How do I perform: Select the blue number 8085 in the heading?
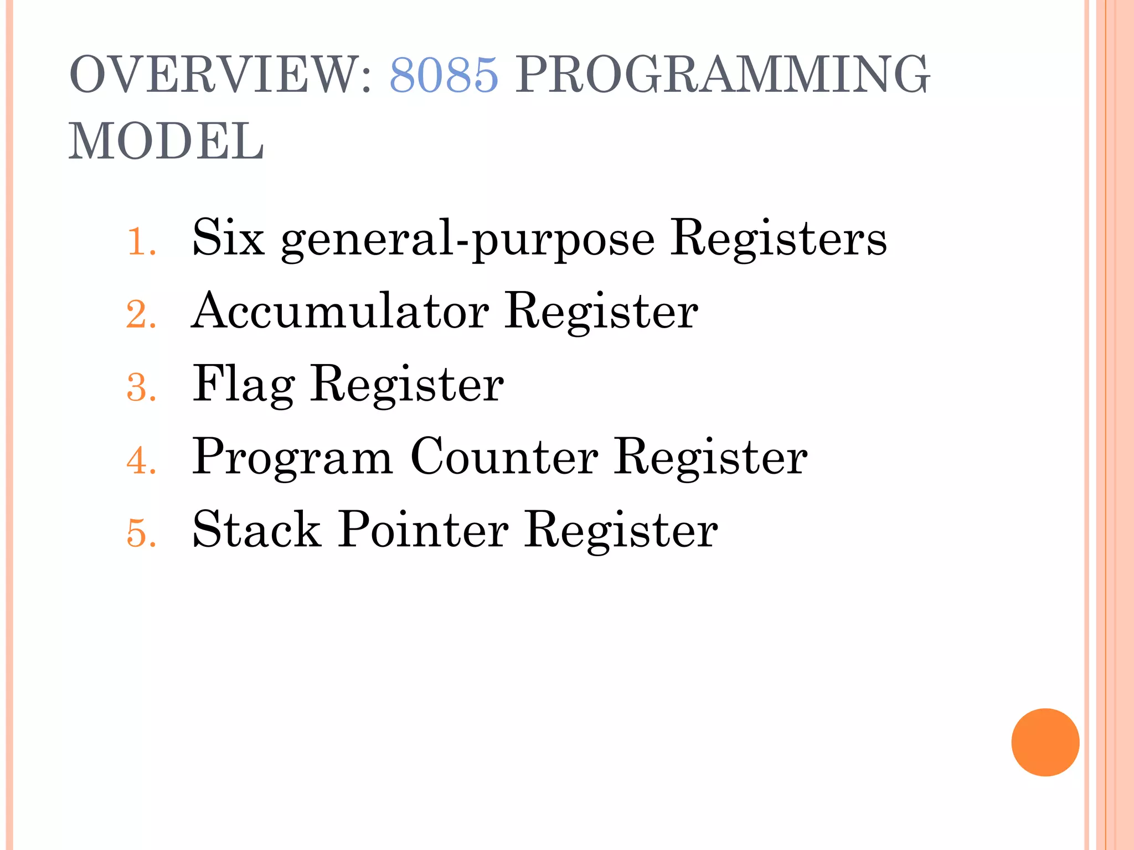(444, 74)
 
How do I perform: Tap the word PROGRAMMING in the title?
(723, 74)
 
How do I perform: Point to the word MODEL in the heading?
(166, 142)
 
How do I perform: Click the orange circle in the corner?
(1045, 742)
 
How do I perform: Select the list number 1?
(140, 242)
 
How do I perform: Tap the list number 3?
(141, 387)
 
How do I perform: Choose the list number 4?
(141, 460)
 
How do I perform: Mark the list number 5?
(141, 533)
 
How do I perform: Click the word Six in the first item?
(228, 237)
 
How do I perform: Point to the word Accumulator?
(340, 311)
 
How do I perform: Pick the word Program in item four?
(292, 457)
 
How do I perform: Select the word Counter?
(504, 457)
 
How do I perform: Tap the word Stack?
(256, 530)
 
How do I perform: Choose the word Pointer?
(424, 530)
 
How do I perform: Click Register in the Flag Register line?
(407, 384)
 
